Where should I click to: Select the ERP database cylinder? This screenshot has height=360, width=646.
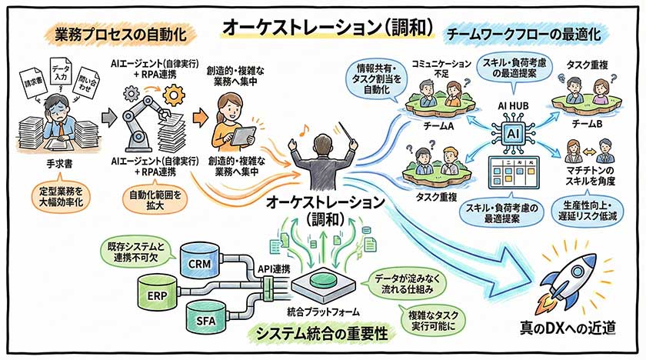(x=153, y=295)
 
